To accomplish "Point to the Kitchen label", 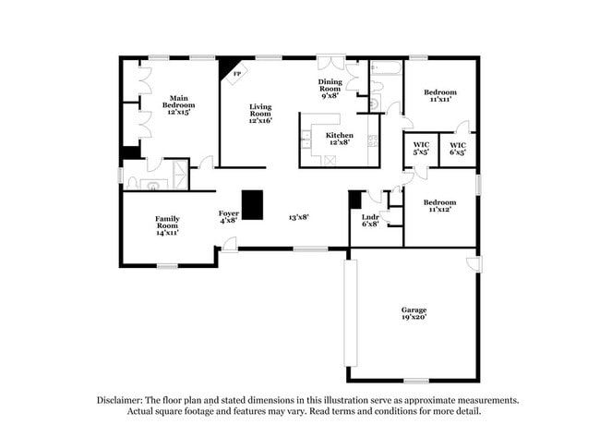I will coord(337,138).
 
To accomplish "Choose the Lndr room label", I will coord(370,218).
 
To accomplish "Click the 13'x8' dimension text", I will coord(297,217).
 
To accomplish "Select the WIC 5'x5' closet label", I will coord(421,148).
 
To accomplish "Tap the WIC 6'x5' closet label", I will coord(458,148).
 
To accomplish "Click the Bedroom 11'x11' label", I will coord(440,95).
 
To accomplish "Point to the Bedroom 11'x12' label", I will coord(440,206).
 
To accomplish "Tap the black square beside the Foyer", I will coord(252,203).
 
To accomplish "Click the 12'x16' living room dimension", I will coord(259,120).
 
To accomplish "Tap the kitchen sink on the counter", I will coord(306,140).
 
